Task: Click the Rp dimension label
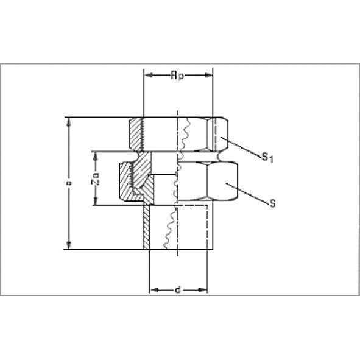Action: click(x=177, y=75)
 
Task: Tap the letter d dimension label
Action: click(x=178, y=290)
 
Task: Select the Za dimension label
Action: click(x=95, y=178)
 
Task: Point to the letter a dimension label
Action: click(x=68, y=183)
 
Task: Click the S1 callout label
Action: click(x=267, y=158)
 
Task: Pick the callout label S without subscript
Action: click(x=272, y=203)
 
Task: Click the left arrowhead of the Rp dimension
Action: click(x=149, y=75)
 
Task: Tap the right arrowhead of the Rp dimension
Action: click(x=208, y=75)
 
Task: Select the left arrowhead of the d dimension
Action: click(x=154, y=290)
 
